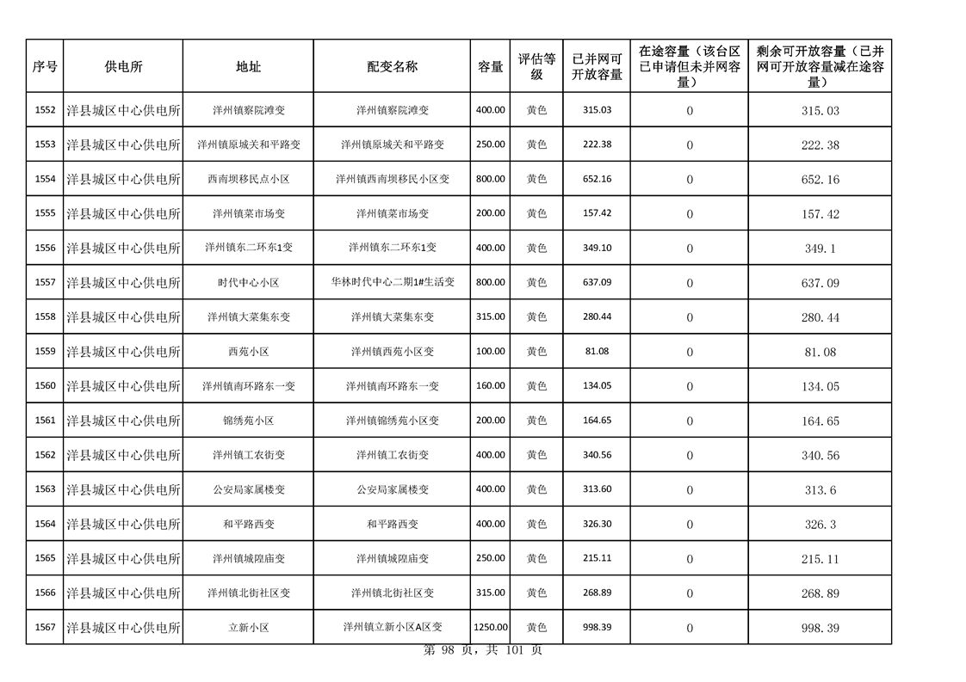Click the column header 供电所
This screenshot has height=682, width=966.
(x=123, y=66)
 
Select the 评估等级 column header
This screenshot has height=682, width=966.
(x=536, y=66)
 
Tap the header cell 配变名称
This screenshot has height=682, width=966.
(x=392, y=66)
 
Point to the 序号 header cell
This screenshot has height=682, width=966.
(x=45, y=66)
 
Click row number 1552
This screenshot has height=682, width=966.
(x=45, y=110)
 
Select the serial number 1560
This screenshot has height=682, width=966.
(x=45, y=386)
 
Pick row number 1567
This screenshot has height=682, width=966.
(x=45, y=628)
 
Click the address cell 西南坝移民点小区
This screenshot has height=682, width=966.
(x=248, y=179)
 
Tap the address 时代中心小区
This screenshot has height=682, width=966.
(x=248, y=282)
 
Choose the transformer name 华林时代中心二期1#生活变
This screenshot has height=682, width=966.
(x=392, y=282)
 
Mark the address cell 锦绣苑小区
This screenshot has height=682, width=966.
(x=248, y=421)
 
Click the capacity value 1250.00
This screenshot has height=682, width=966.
(x=490, y=628)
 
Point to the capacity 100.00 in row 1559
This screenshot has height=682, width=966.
(x=490, y=352)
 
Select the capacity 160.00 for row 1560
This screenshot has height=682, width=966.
(x=490, y=386)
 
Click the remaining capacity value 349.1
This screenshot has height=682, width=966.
(x=820, y=249)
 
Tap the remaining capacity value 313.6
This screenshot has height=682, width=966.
(x=820, y=490)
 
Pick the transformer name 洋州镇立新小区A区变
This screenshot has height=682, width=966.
(x=392, y=628)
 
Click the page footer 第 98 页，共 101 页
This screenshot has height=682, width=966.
(x=483, y=651)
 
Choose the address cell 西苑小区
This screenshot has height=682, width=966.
(x=248, y=352)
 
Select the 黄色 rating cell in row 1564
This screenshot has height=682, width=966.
(x=536, y=524)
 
